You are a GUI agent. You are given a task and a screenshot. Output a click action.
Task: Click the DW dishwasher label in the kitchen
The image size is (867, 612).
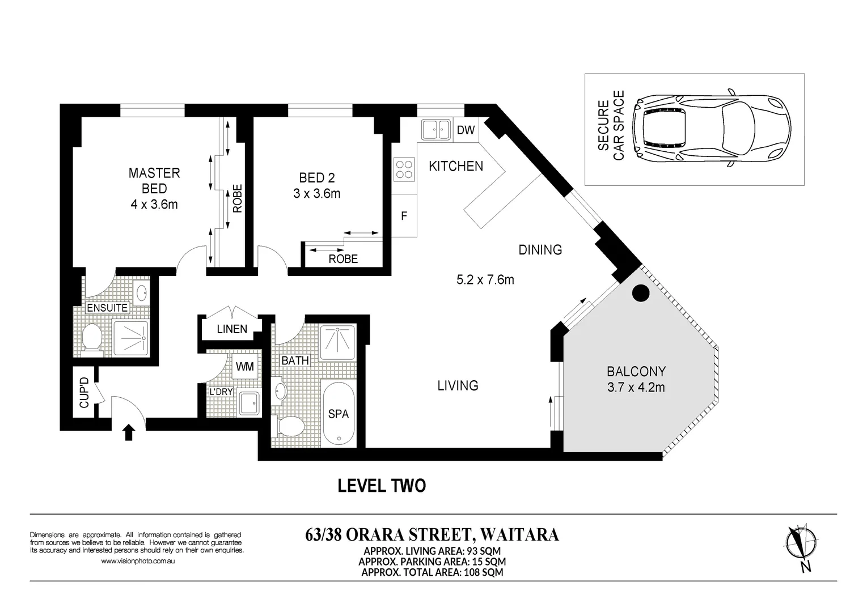466,130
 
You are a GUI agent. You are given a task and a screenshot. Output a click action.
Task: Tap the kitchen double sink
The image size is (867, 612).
436,129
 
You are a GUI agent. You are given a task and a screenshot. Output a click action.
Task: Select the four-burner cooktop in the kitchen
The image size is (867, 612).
404,169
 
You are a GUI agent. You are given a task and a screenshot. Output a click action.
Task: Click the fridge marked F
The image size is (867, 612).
404,216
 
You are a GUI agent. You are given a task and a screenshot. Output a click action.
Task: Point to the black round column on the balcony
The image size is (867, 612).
640,293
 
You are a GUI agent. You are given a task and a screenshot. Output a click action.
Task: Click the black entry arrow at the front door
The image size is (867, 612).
129,432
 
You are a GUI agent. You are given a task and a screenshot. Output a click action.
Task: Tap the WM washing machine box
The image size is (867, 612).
245,366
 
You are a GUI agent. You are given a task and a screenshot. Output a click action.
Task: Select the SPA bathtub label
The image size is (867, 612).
339,414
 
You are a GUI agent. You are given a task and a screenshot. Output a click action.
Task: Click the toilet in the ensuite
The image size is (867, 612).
92,339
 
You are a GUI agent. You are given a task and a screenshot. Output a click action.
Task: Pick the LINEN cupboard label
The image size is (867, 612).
232,329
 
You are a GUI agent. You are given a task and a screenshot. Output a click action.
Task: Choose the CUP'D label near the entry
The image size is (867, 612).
84,393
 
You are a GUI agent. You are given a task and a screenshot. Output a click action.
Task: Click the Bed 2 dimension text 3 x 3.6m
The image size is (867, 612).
316,193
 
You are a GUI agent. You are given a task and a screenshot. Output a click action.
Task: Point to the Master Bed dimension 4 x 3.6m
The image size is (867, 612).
154,204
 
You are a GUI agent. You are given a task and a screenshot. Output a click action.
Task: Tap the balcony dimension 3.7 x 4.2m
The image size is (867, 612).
636,387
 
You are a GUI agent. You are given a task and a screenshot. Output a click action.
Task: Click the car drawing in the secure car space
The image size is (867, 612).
712,128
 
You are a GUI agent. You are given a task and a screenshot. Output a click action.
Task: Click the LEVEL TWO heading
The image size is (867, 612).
382,486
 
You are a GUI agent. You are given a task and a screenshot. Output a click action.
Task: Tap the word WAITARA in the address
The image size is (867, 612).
519,534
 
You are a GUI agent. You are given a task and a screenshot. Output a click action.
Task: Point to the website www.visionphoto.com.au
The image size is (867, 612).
138,561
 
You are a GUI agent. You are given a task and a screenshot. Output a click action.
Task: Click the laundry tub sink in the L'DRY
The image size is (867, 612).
249,403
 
